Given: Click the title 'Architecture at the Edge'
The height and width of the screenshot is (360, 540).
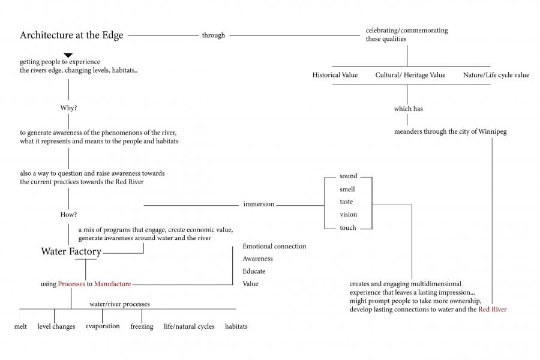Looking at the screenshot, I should click(x=71, y=35).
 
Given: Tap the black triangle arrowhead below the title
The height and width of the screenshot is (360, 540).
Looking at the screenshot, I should click(x=68, y=55).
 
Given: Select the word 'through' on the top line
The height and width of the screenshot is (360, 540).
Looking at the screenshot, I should click(x=213, y=35).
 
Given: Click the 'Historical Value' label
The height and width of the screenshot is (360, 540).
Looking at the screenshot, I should click(x=335, y=75).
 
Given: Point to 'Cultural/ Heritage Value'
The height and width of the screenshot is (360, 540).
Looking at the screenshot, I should click(x=410, y=75).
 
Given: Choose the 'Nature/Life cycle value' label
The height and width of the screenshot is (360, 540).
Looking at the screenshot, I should click(x=496, y=75).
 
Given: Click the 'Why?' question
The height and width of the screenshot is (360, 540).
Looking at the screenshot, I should click(x=69, y=108).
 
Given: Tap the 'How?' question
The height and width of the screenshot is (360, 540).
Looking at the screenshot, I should click(x=68, y=214).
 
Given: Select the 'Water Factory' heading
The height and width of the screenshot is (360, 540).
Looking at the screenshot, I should click(x=71, y=252).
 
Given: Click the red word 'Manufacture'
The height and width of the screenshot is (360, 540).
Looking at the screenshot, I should click(x=112, y=284).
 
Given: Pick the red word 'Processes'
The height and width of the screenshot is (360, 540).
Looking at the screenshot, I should click(x=71, y=284).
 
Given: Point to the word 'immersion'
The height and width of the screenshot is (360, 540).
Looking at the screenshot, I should click(x=259, y=204).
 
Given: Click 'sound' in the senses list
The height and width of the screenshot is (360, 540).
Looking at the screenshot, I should click(x=348, y=176).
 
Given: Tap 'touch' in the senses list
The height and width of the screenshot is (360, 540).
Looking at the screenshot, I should click(x=347, y=227).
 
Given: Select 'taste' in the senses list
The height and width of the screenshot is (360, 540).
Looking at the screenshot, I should click(x=346, y=202).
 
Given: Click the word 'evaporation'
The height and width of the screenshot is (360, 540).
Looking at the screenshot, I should click(x=102, y=326).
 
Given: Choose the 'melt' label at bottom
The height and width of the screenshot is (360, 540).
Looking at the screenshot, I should click(x=20, y=326).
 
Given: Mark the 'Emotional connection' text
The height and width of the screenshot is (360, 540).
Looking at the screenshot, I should click(x=274, y=246).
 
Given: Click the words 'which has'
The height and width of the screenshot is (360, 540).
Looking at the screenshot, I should click(x=407, y=109).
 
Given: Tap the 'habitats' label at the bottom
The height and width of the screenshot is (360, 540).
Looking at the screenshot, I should click(x=236, y=326).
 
